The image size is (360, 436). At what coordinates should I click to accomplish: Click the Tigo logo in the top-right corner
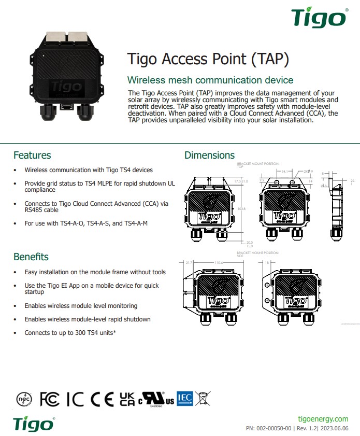coord(318,18)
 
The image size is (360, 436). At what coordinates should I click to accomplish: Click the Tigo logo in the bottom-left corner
coord(33,423)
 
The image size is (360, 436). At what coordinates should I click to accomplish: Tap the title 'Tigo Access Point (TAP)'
coord(207,59)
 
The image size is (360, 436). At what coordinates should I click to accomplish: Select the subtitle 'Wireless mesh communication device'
coord(210,80)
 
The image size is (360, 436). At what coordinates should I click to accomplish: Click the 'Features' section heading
coord(32,155)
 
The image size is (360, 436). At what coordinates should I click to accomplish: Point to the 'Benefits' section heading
coord(31,257)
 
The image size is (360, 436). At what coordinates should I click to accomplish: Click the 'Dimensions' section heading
coord(209,155)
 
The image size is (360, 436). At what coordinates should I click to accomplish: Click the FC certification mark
coord(50,399)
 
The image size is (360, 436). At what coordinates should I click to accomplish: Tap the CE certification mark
coord(102,399)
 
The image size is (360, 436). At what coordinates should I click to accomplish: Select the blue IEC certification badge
coord(185,398)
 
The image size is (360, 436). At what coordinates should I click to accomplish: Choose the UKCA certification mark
coord(127,399)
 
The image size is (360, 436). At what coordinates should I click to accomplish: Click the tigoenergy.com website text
coord(324,418)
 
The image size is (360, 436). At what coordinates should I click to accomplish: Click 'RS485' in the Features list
coord(34,210)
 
